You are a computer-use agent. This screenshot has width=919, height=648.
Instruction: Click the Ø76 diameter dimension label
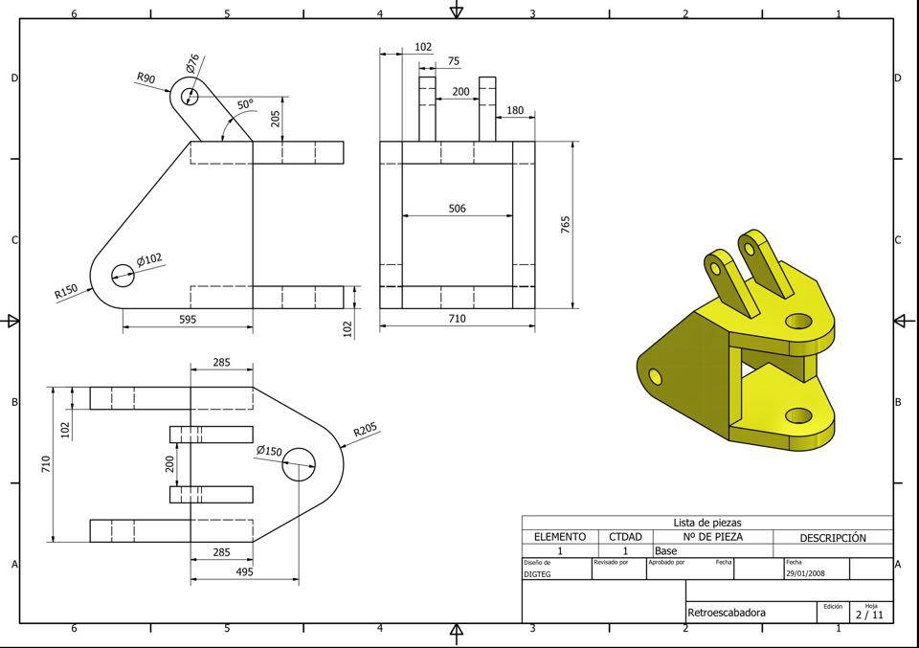click(192, 63)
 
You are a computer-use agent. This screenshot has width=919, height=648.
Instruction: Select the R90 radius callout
click(146, 78)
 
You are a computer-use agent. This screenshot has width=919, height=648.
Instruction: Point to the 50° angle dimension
click(246, 105)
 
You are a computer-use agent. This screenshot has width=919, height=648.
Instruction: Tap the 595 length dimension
click(188, 320)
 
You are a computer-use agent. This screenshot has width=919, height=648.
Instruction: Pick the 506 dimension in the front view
click(458, 209)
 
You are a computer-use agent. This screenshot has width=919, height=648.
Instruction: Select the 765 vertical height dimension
click(566, 224)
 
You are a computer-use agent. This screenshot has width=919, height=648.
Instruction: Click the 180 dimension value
click(515, 111)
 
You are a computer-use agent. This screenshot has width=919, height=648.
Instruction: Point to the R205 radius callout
click(365, 432)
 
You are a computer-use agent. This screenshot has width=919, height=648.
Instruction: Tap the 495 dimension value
click(243, 572)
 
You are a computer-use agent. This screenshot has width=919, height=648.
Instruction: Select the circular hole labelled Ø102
click(123, 275)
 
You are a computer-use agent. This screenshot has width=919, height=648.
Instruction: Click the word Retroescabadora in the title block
click(727, 613)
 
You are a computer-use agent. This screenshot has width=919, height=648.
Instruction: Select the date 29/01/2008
click(804, 574)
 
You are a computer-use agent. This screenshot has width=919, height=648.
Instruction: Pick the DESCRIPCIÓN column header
click(833, 538)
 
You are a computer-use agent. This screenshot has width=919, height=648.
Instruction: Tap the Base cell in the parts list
click(665, 551)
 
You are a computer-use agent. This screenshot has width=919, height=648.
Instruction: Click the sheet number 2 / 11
click(869, 615)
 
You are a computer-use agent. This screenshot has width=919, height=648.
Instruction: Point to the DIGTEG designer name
click(536, 574)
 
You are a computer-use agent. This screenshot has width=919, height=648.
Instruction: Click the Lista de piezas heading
click(707, 523)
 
